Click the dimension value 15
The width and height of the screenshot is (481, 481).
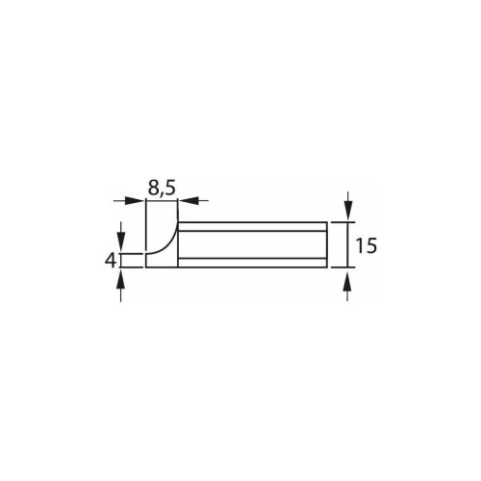tap(365, 246)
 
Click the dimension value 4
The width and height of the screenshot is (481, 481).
tap(111, 260)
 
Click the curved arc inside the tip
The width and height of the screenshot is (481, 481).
tap(165, 240)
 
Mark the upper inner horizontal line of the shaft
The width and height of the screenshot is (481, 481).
tap(252, 232)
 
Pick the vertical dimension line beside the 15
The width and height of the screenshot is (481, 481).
tap(347, 244)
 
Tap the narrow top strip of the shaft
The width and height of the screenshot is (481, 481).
tap(252, 227)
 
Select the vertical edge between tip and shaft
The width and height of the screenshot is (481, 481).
tap(178, 244)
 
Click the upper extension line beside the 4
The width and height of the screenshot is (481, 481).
tap(133, 252)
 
